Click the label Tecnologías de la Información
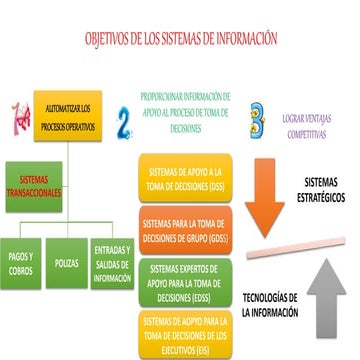pyautogui.click(x=270, y=304)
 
